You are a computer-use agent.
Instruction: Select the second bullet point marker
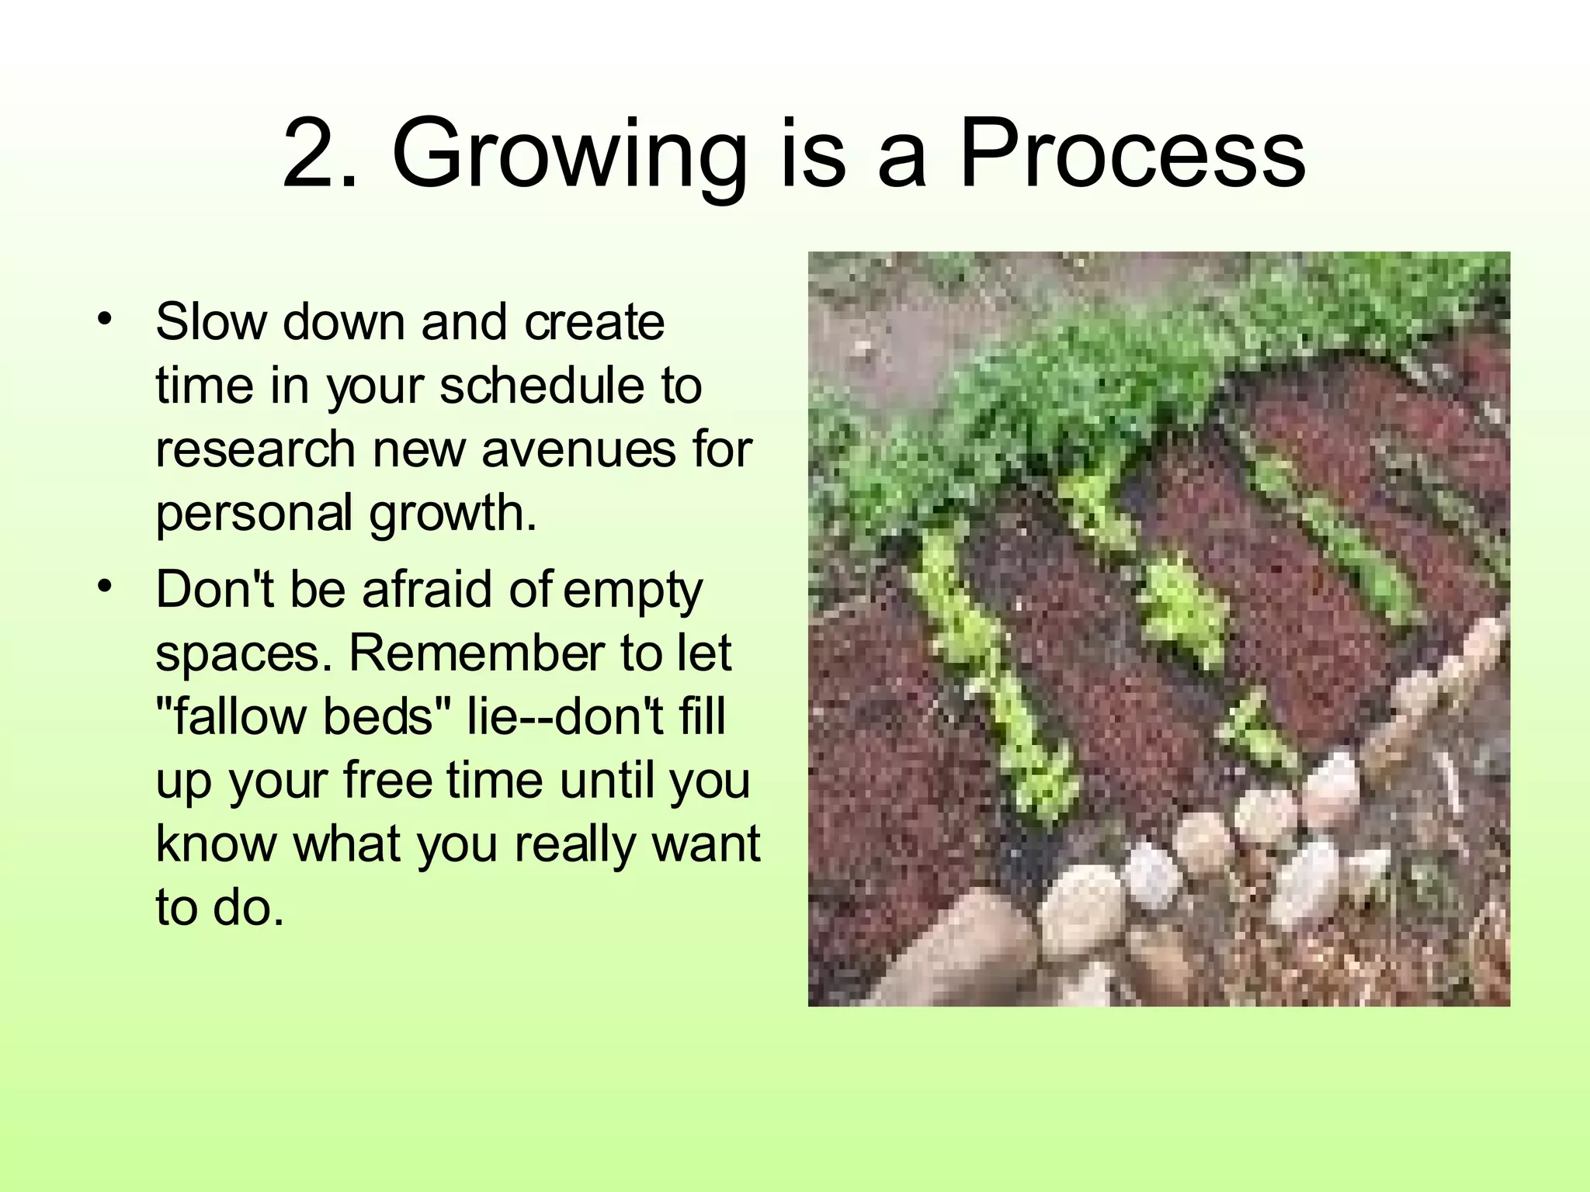tap(105, 587)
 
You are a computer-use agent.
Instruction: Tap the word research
tap(255, 449)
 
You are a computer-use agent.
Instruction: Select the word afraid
tap(428, 589)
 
